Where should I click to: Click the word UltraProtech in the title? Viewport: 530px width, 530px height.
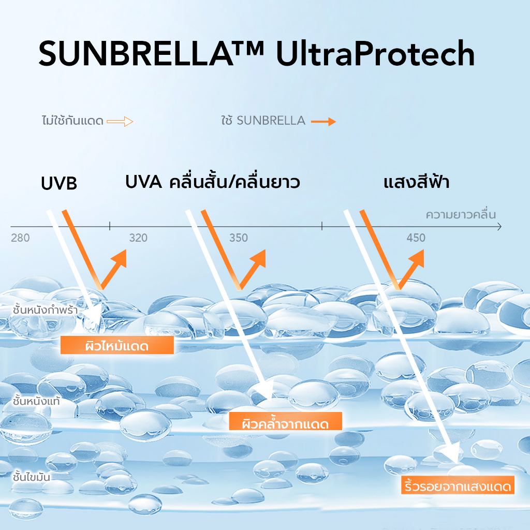pos(375,53)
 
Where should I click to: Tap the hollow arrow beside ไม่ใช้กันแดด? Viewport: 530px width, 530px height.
pos(120,122)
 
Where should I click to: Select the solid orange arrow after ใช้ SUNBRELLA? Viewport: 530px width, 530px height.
pos(323,122)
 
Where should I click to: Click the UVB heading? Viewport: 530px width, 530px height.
pos(59,183)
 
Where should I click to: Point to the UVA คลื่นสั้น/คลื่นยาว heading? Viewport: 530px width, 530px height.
pos(212,182)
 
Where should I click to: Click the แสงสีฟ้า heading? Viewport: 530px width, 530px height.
pos(417,182)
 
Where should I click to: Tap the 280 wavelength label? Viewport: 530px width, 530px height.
pos(20,238)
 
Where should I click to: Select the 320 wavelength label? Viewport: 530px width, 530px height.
pos(138,238)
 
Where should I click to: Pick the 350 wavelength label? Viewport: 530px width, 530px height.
pos(239,238)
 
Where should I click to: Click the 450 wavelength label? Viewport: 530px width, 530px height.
pos(416,238)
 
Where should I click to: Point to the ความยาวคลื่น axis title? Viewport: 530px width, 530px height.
pos(461,214)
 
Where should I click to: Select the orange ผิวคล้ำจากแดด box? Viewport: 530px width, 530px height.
pos(286,421)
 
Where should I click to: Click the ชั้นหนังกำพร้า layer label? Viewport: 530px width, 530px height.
pos(46,310)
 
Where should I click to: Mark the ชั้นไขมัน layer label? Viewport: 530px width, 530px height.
pos(32,477)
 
